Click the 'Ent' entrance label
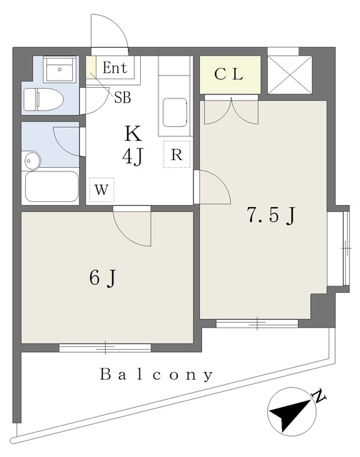point(115,68)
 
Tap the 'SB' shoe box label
point(122,98)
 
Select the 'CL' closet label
point(229,74)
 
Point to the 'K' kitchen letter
point(134,134)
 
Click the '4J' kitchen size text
point(134,156)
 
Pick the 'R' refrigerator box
point(177,154)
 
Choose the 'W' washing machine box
point(101,190)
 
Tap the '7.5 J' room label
point(271,216)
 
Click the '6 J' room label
point(103,278)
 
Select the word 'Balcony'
point(156,375)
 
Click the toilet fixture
point(44,99)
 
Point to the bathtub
point(52,186)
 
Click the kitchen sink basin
point(175,113)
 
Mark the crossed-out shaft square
point(290,75)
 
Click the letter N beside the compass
point(319,396)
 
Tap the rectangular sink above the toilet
point(60,69)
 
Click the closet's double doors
point(231,110)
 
